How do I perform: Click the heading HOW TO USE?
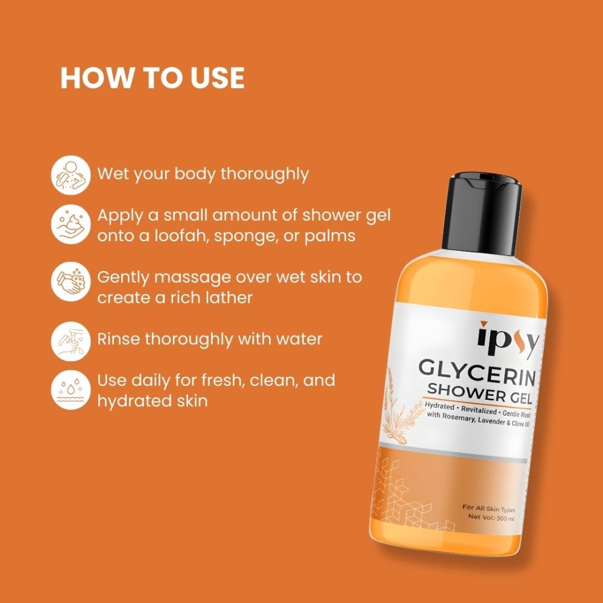153,78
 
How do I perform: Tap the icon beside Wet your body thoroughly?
71,175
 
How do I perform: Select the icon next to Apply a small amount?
71,224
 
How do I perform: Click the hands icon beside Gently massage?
71,282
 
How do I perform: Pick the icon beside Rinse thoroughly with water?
71,341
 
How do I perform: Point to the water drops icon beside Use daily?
71,390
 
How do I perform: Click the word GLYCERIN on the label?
477,372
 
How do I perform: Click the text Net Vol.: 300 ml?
491,517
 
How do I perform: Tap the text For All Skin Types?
489,508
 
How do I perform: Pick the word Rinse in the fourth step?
118,339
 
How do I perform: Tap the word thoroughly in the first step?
265,174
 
